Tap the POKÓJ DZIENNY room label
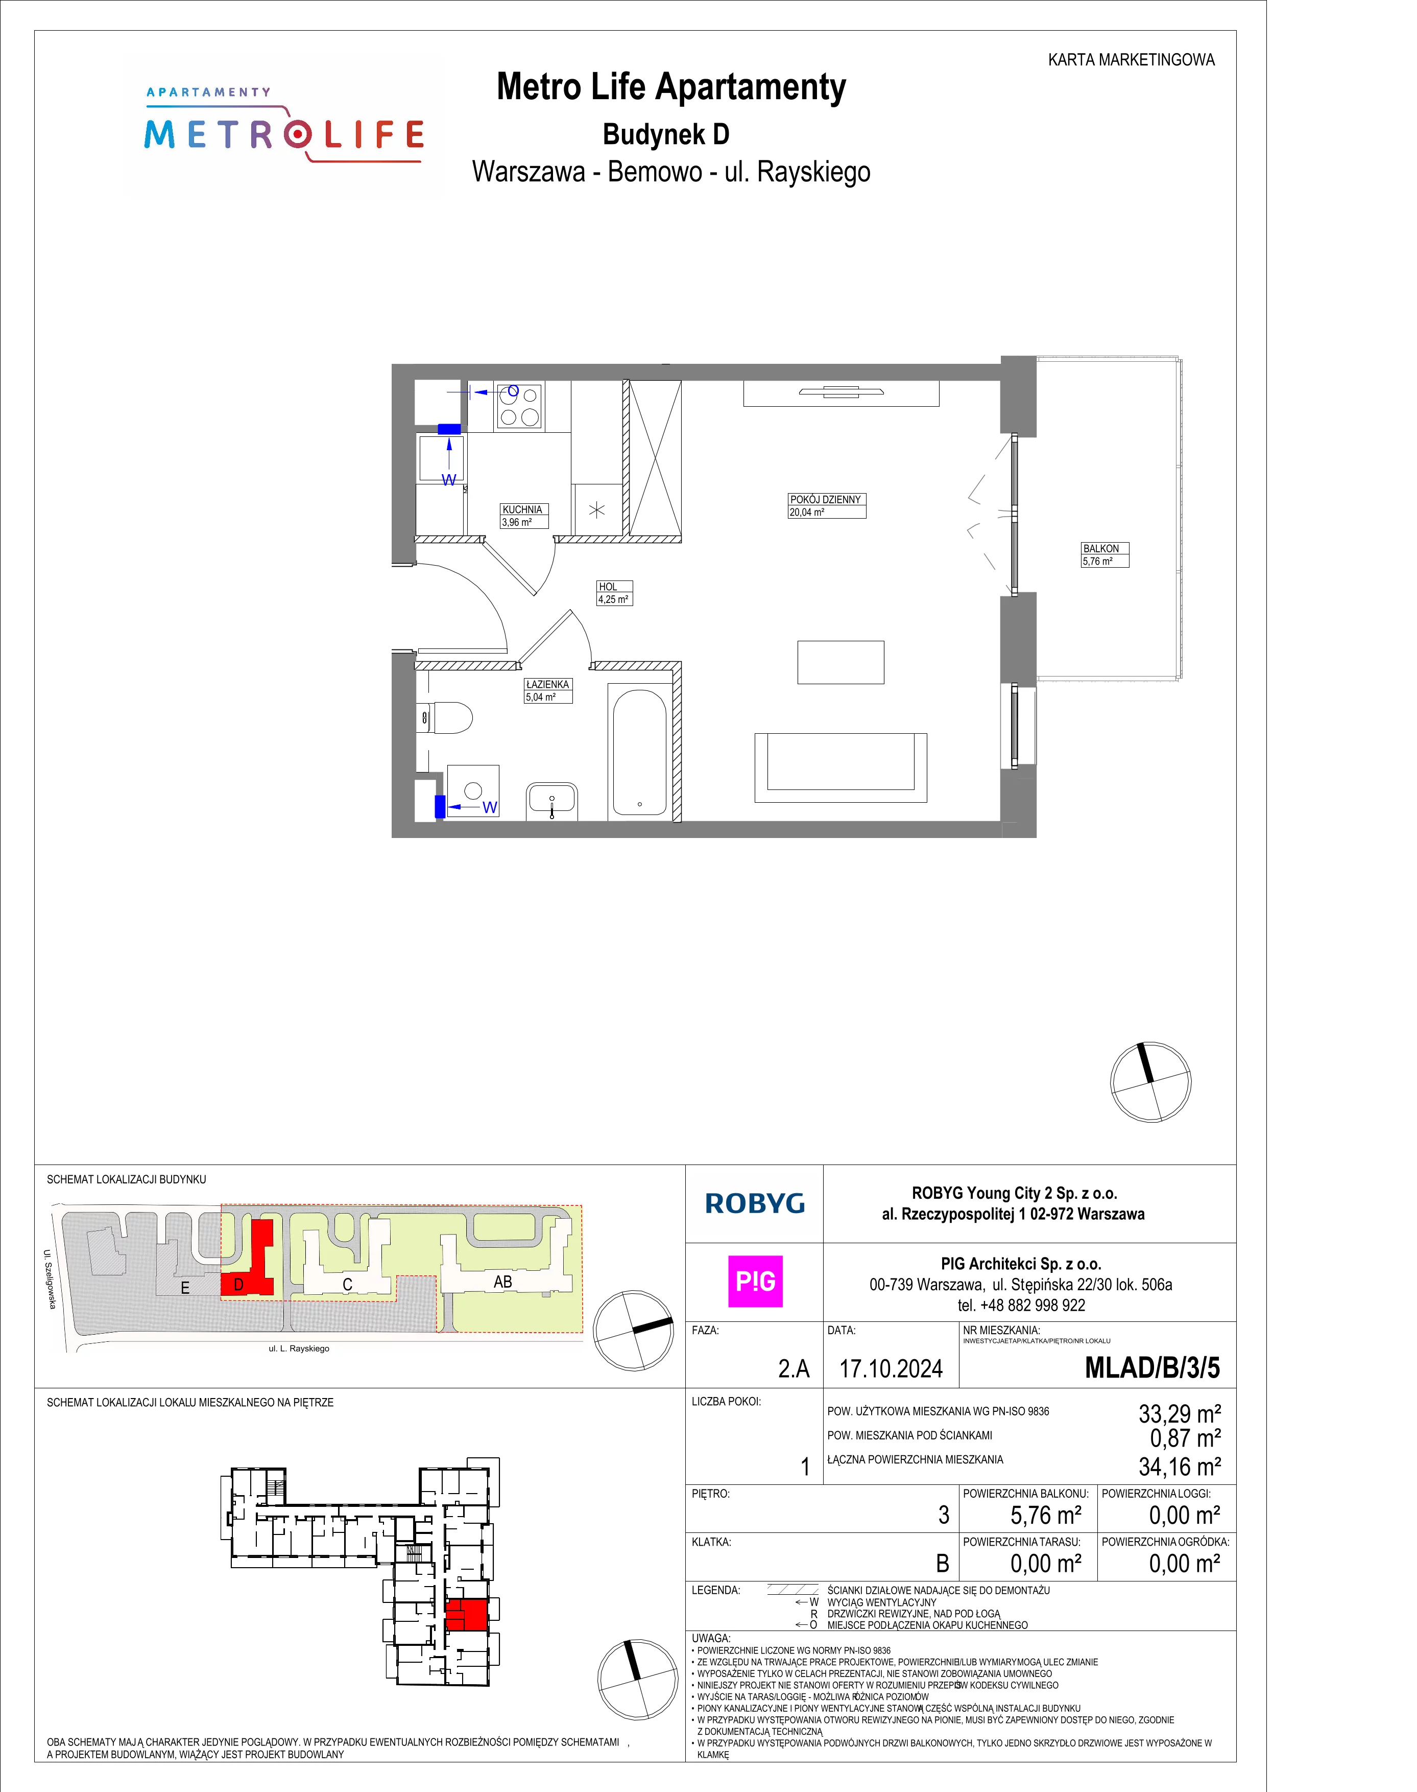coord(826,500)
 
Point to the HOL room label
coord(608,587)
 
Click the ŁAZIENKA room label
coord(547,685)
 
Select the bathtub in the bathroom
coord(640,752)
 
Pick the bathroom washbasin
coord(551,801)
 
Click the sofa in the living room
coord(840,768)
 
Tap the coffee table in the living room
coord(840,662)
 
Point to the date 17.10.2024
coord(891,1369)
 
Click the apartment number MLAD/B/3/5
coord(1152,1368)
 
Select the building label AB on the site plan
coord(503,1283)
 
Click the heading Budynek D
coord(666,134)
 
